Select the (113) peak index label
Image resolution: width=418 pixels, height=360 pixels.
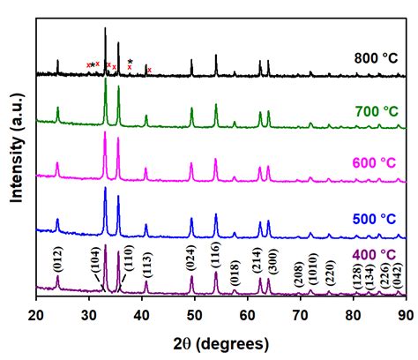(x=146, y=265)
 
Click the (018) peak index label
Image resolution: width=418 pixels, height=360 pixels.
(x=235, y=269)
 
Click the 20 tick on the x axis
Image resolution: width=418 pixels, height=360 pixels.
(x=36, y=313)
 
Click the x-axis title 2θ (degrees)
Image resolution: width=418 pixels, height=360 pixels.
(x=220, y=341)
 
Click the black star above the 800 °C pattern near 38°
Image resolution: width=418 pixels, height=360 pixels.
(x=131, y=61)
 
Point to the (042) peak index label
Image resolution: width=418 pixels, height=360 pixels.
(x=399, y=273)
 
